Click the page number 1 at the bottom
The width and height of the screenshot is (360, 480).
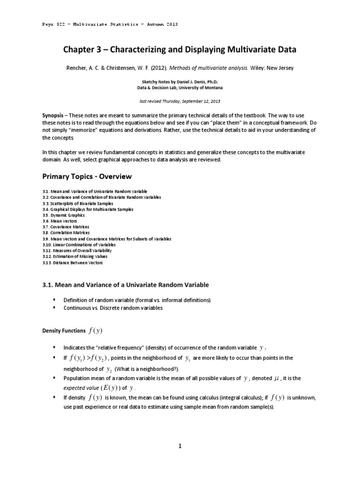[180, 446]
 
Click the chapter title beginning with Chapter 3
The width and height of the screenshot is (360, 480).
[180, 50]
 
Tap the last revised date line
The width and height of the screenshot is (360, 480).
[180, 101]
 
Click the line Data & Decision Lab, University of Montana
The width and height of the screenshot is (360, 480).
[180, 88]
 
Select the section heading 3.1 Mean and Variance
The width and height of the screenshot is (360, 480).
[125, 285]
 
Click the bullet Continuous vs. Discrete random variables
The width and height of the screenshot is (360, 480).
[113, 308]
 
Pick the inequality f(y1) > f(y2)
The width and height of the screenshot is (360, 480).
[89, 358]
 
